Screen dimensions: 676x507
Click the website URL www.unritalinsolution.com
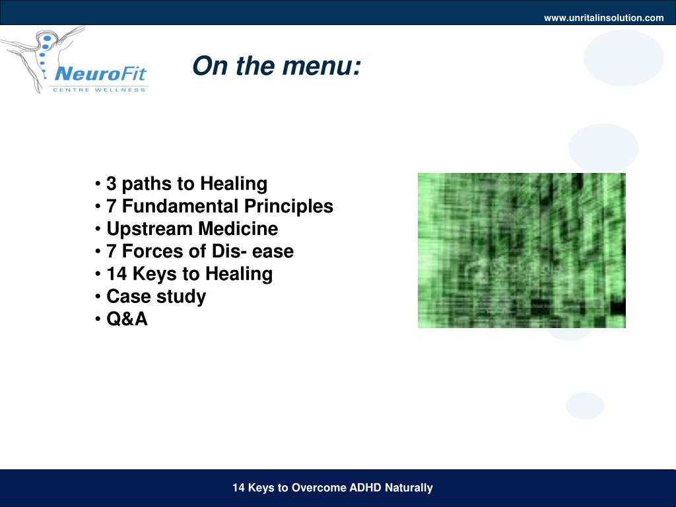coord(603,18)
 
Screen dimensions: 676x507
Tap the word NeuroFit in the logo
coord(100,74)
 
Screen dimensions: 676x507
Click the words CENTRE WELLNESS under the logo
coord(99,90)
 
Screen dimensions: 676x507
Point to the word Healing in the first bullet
coord(234,184)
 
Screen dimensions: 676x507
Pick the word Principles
coord(288,207)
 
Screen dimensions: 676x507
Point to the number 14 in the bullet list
coord(116,274)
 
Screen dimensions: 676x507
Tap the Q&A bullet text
coord(127,319)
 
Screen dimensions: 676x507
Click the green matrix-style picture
coord(522,250)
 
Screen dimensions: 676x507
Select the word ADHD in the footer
coord(365,488)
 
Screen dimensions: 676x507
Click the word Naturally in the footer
coord(409,488)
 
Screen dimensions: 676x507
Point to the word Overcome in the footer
coord(319,488)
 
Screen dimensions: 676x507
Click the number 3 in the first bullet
coord(111,184)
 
